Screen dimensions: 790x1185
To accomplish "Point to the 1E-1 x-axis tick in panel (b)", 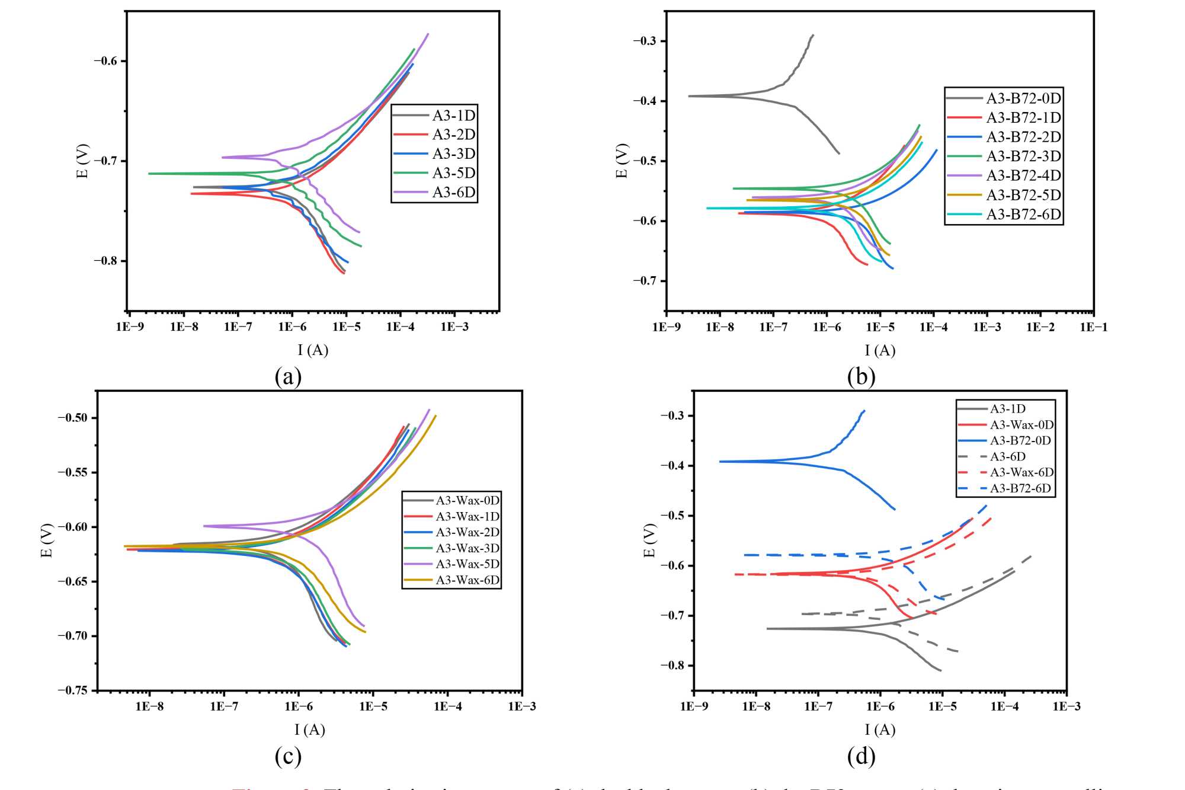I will point(1093,327).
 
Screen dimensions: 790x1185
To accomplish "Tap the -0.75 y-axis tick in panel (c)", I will point(73,690).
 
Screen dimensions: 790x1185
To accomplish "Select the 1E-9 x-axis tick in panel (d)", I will point(694,706).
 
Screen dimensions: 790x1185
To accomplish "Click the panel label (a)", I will point(288,376).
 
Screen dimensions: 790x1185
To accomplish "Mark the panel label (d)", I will point(861,756).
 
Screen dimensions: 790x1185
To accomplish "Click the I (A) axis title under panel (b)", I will point(880,350).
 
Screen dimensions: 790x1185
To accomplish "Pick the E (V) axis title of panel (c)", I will point(47,540).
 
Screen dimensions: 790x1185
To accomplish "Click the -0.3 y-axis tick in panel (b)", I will point(645,41).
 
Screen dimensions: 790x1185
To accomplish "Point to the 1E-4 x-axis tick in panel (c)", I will point(448,706).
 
